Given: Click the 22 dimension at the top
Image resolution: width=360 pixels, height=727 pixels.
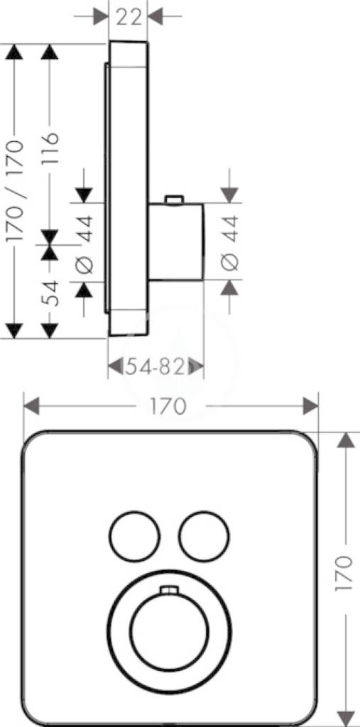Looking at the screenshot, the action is tap(129, 17).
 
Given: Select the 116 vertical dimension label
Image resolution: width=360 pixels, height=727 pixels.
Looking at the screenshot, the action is tap(50, 149).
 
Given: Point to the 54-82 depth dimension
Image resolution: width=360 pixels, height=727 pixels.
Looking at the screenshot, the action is tap(156, 367).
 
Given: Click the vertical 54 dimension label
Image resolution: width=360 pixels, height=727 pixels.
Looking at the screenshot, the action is tap(50, 293).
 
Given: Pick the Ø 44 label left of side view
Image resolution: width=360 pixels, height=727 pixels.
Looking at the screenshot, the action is tap(85, 244).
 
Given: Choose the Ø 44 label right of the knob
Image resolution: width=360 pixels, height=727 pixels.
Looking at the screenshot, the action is tap(230, 243).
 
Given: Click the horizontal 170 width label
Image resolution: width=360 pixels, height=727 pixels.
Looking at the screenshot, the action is tap(168, 407).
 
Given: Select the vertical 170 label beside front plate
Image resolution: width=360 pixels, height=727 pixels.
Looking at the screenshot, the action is tap(344, 573).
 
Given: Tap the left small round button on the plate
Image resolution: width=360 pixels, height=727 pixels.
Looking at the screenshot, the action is tap(134, 537).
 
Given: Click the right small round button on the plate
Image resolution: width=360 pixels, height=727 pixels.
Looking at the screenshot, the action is tap(204, 537).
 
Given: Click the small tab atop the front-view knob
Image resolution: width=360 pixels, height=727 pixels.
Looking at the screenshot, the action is tap(169, 590).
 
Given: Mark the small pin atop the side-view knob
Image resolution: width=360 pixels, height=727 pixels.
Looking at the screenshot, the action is tap(174, 199).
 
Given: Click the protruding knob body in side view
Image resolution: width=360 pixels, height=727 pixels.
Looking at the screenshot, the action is tap(176, 241).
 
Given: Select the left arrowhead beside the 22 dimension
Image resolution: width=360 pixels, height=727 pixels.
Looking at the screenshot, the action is tap(100, 17).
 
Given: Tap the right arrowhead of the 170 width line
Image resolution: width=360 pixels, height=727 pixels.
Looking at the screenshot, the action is tap(310, 407).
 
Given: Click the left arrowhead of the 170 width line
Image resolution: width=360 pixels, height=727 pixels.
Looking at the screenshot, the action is tap(31, 407).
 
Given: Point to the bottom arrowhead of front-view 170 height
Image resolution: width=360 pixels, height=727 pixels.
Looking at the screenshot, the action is tap(345, 717).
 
